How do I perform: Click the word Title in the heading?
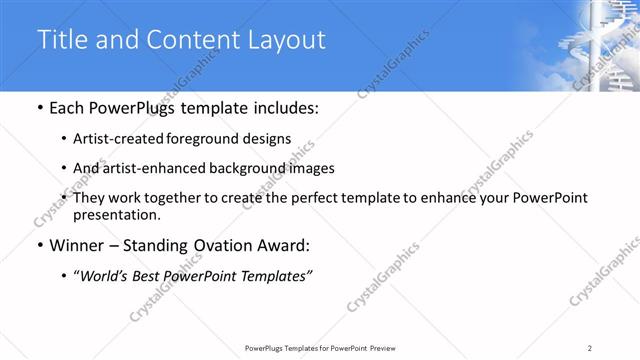click(62, 40)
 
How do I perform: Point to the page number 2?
click(591, 347)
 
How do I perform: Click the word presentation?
click(112, 215)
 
